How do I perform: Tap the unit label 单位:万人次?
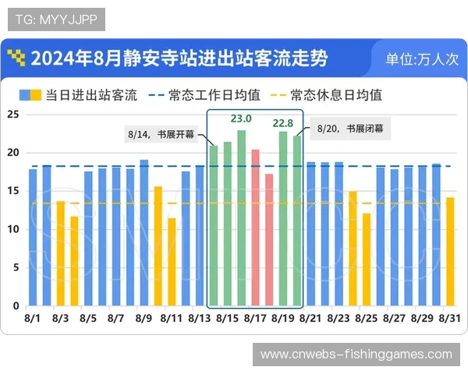tap(422, 59)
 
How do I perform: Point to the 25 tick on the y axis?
tap(12, 115)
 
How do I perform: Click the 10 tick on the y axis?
tap(12, 229)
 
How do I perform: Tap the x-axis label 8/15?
tap(227, 319)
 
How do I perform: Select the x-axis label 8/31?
tap(449, 319)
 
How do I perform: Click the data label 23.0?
tap(241, 118)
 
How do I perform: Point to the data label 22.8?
tap(283, 123)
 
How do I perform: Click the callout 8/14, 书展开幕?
tap(163, 133)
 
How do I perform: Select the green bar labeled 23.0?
tap(241, 218)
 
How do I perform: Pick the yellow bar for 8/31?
tap(449, 252)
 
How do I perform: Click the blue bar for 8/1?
tap(32, 238)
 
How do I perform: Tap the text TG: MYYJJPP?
tap(55, 18)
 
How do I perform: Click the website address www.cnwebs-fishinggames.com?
tap(356, 355)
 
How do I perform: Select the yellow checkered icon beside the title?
tap(16, 58)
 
